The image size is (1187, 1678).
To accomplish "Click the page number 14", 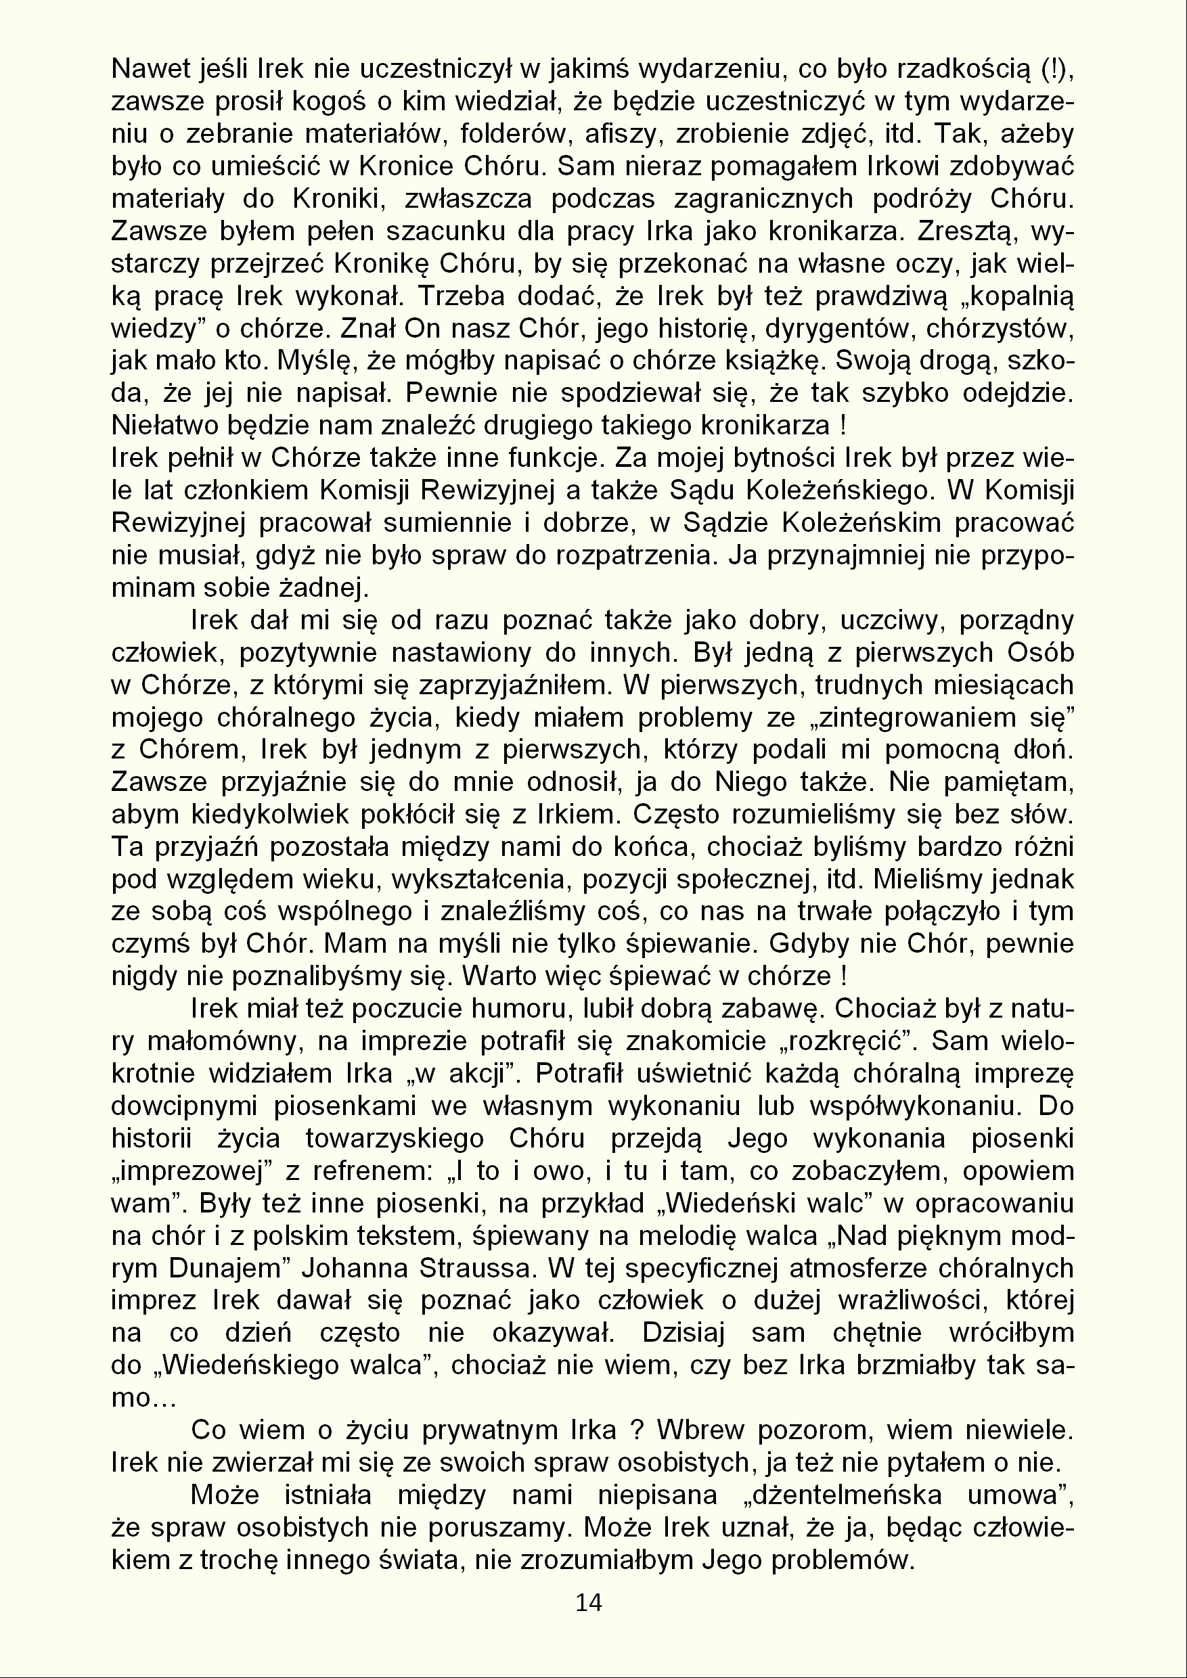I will click(x=588, y=1603).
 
